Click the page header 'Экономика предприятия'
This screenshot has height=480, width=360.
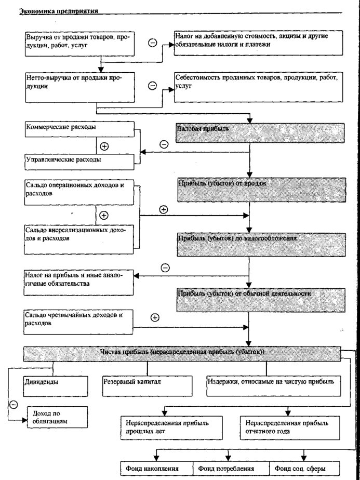pos(52,11)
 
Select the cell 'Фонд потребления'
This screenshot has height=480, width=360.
pos(231,469)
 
